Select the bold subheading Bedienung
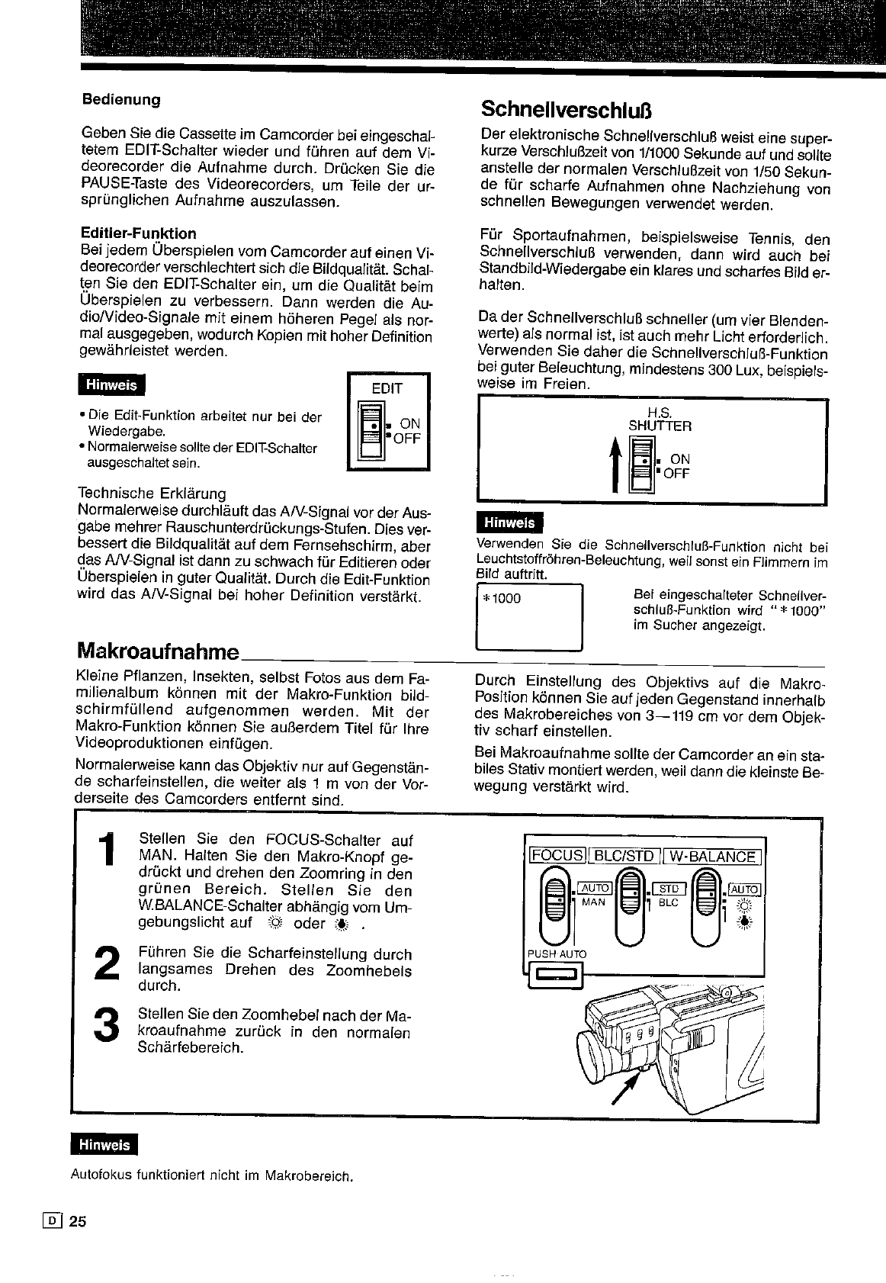[x=121, y=99]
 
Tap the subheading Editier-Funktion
[x=138, y=233]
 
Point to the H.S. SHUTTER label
[x=660, y=420]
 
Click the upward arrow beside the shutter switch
[x=615, y=468]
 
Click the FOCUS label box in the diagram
[x=557, y=856]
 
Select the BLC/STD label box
[x=624, y=856]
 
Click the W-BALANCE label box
[x=714, y=856]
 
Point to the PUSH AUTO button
[x=557, y=973]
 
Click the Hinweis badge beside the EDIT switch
[x=111, y=386]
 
